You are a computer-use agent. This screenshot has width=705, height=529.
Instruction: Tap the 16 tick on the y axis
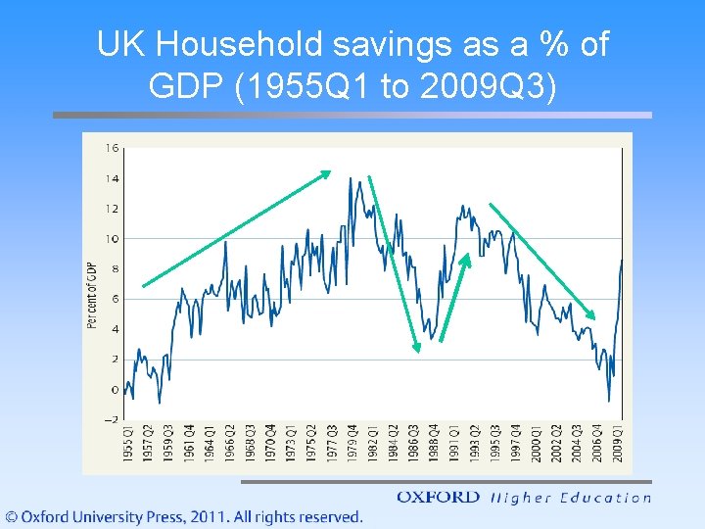(x=113, y=149)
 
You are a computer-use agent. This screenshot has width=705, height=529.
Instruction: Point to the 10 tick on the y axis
(x=113, y=239)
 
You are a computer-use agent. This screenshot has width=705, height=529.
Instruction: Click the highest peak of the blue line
(x=350, y=178)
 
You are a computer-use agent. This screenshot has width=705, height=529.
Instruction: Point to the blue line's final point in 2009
(x=622, y=261)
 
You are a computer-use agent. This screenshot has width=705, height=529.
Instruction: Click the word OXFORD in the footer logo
(x=438, y=498)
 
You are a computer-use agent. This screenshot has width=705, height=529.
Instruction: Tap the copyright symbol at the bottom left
(x=13, y=516)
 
